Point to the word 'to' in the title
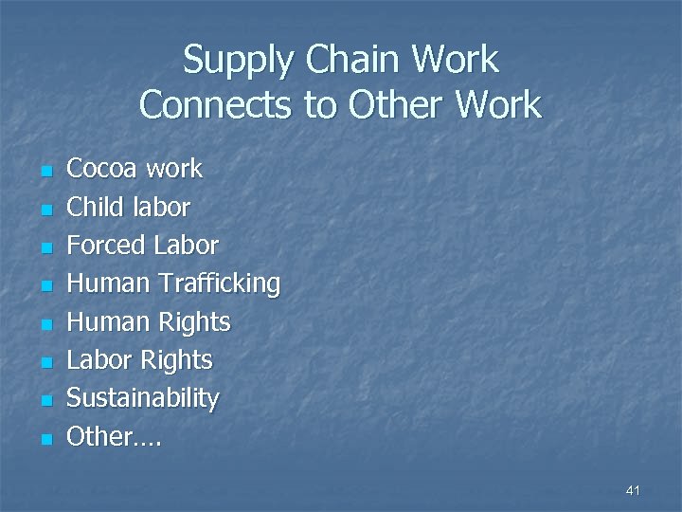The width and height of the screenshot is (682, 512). point(320,104)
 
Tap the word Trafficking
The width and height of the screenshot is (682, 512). point(219,283)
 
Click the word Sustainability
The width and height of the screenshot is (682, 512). point(142,398)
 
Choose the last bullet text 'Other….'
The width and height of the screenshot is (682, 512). point(114,436)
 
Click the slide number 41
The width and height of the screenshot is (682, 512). point(634,490)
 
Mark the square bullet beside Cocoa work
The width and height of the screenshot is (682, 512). point(44,172)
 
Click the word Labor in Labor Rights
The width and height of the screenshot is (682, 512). point(99,360)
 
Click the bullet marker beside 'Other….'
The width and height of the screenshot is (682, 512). point(44,439)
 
